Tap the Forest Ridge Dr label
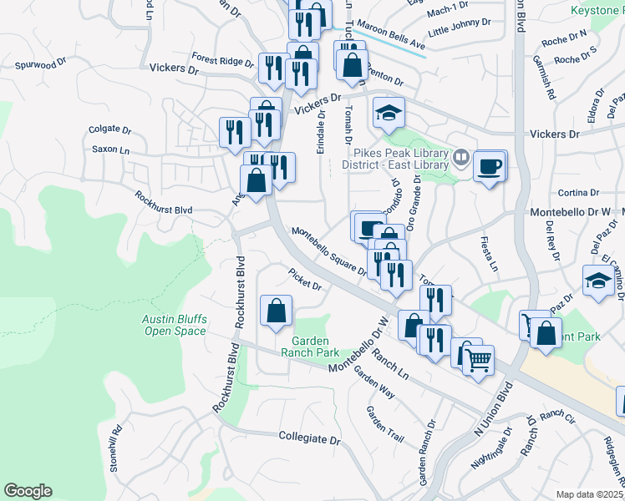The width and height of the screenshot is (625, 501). pos(221,61)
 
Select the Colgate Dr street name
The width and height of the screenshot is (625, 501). pos(110,130)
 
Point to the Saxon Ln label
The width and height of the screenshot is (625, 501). pos(110,149)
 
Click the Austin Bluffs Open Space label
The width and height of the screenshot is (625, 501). pos(173,325)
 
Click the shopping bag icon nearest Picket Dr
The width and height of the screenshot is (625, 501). pos(276,311)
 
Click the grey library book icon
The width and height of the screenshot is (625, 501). pos(460,156)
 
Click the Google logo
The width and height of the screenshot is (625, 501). pos(28,491)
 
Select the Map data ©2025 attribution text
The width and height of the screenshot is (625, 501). pos(588,494)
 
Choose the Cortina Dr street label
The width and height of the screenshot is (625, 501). pos(573,193)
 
